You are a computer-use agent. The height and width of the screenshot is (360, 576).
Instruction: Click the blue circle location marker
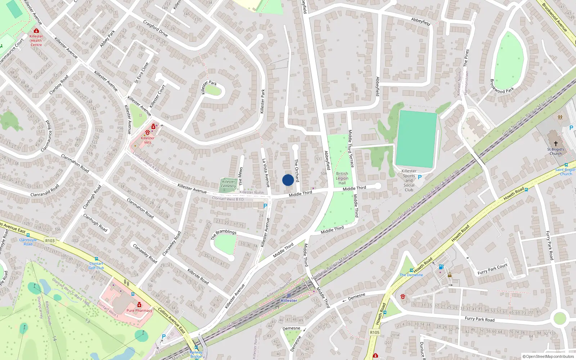click(x=288, y=180)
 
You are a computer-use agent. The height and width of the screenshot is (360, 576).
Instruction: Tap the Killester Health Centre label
click(x=36, y=40)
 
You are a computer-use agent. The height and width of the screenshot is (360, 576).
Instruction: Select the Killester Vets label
click(x=148, y=140)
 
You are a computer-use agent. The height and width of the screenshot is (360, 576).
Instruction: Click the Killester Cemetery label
click(x=229, y=184)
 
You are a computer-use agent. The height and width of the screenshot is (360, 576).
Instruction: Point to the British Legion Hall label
click(x=342, y=178)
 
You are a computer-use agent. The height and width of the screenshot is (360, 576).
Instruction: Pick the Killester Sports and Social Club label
click(x=409, y=180)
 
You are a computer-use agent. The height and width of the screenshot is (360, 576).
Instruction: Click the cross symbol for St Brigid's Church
click(x=555, y=143)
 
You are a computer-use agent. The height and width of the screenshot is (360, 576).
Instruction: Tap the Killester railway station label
click(x=289, y=301)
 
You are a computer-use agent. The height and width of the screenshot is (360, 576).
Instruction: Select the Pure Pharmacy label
click(x=139, y=310)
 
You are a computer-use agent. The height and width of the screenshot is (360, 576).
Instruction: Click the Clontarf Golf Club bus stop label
click(x=96, y=266)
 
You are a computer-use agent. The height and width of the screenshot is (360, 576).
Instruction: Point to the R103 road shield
click(x=50, y=241)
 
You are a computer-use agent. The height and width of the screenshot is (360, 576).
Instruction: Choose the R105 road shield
click(x=375, y=332)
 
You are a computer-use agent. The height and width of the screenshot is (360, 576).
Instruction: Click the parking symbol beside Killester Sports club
click(x=419, y=177)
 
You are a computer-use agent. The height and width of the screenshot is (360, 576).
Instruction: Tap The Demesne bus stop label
click(x=411, y=275)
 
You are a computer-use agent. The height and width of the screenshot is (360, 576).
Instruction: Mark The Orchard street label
click(x=297, y=170)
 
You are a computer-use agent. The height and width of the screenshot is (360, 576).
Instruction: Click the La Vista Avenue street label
click(x=266, y=173)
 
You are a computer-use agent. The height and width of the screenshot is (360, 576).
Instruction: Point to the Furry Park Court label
click(x=492, y=269)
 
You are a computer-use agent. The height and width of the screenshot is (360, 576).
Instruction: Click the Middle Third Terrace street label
click(x=351, y=149)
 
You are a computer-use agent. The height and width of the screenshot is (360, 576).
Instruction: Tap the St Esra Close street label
click(x=141, y=73)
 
